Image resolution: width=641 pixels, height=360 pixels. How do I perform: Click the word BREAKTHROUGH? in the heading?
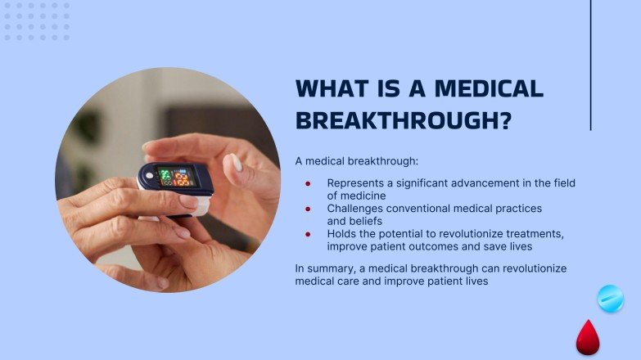(x=403, y=119)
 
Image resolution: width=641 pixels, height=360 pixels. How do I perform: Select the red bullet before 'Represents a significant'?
(x=308, y=184)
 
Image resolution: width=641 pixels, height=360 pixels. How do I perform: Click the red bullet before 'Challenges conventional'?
(x=308, y=209)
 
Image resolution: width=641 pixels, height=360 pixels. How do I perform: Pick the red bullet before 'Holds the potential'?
(x=308, y=234)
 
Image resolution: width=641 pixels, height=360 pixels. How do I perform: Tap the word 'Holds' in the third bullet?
(x=341, y=234)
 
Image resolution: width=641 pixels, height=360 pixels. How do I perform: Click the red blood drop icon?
(x=587, y=337)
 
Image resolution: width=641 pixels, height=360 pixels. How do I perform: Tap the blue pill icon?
(x=611, y=299)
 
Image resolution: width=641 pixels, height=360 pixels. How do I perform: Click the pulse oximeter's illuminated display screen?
(x=174, y=177)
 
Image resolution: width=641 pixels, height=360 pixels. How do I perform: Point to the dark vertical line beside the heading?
(x=590, y=65)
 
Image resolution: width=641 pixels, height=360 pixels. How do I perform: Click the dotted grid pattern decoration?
(x=37, y=21)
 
